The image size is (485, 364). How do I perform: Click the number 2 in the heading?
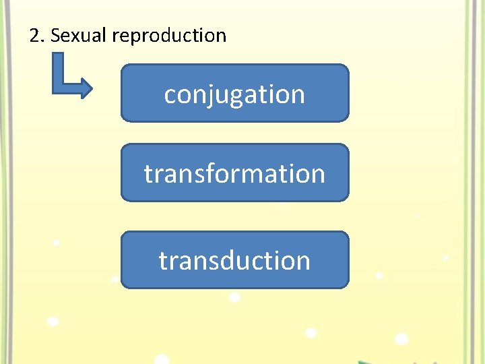tap(35, 36)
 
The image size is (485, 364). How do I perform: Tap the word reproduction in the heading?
tap(170, 36)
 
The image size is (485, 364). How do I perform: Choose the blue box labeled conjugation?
tap(234, 93)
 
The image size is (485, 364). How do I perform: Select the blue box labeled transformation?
tap(234, 173)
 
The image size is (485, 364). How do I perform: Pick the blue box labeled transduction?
tap(234, 260)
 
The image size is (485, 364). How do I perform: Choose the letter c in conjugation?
tap(170, 95)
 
